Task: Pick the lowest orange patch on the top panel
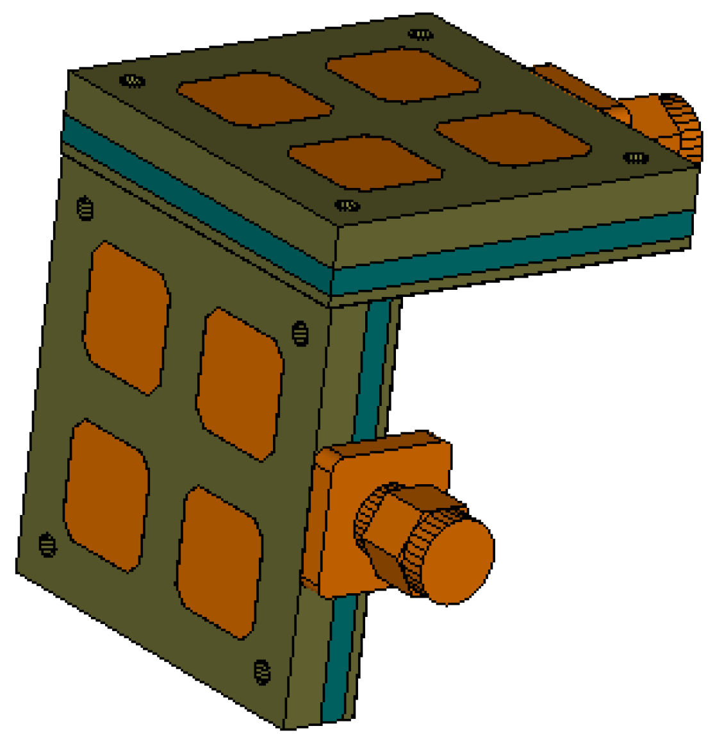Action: pyautogui.click(x=365, y=163)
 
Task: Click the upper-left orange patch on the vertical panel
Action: pyautogui.click(x=126, y=318)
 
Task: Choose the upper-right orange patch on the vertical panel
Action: pyautogui.click(x=240, y=384)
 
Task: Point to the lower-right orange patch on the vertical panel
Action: pyautogui.click(x=220, y=562)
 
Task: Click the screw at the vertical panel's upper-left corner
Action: pyautogui.click(x=85, y=208)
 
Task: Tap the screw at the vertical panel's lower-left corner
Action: pyautogui.click(x=47, y=544)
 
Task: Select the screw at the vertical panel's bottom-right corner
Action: pyautogui.click(x=261, y=671)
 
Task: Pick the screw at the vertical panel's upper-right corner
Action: pyautogui.click(x=300, y=333)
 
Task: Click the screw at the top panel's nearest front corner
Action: pyautogui.click(x=347, y=206)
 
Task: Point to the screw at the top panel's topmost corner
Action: pyautogui.click(x=419, y=34)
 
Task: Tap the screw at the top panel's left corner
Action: pyautogui.click(x=132, y=81)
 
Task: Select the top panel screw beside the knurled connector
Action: pyautogui.click(x=636, y=158)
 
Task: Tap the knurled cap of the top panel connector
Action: pyautogui.click(x=679, y=125)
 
